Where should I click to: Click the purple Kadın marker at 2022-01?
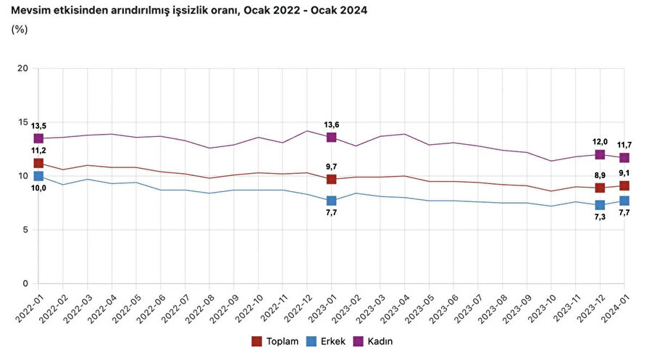38,138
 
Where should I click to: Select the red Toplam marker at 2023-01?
331,179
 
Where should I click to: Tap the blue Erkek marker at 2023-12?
600,205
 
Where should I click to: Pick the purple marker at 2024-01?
624,157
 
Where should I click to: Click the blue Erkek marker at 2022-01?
38,176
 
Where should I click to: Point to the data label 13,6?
331,125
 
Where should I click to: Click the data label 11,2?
38,151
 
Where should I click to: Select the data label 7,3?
600,218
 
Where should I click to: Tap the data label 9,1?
624,173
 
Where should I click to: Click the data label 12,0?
600,142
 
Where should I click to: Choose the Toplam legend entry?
276,340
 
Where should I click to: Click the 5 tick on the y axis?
25,230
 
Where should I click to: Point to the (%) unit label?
20,30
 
